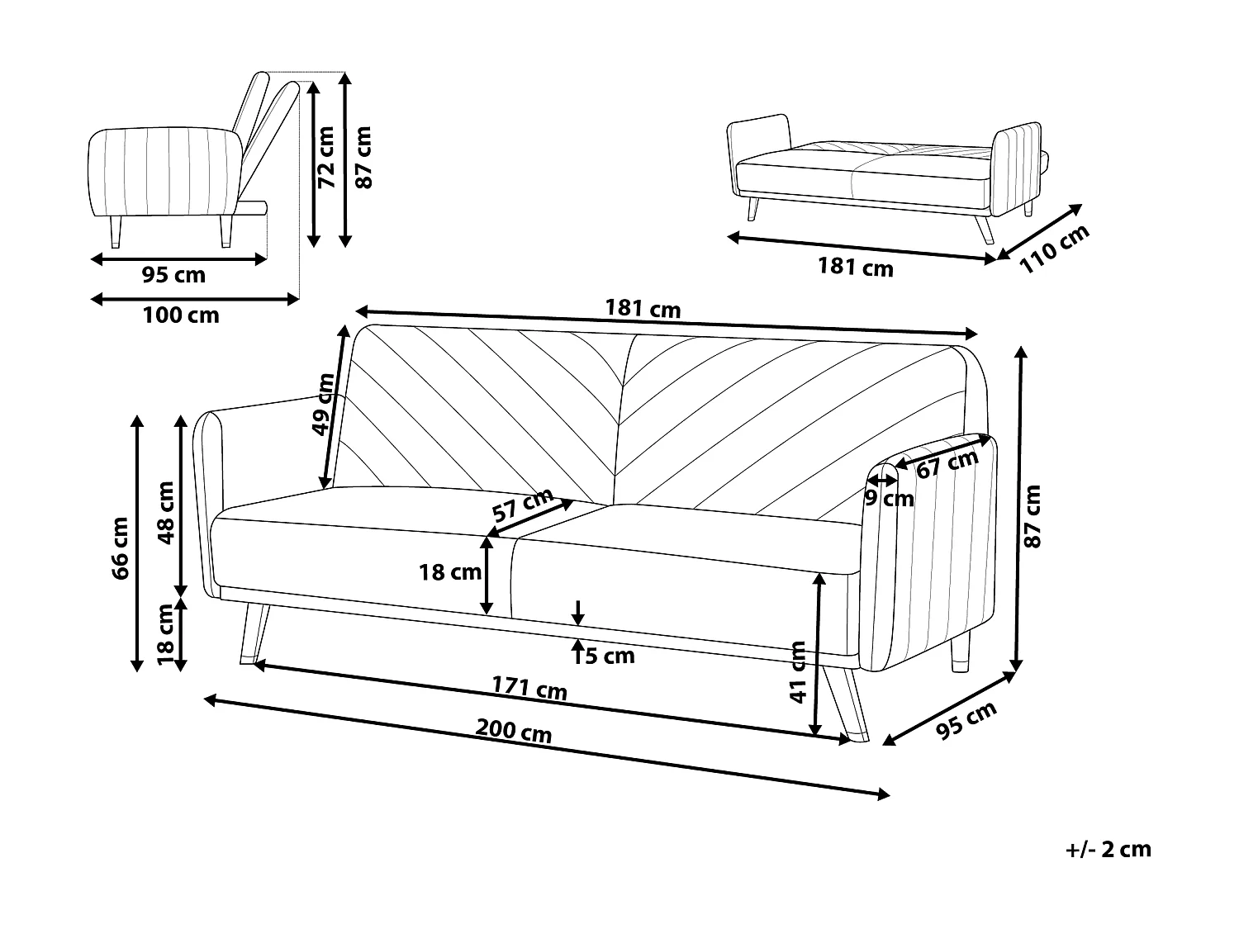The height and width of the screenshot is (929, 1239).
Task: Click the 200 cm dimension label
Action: pyautogui.click(x=514, y=731)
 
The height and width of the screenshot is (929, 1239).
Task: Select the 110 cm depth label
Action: pyautogui.click(x=1054, y=249)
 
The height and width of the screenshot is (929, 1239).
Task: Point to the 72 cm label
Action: pyautogui.click(x=327, y=157)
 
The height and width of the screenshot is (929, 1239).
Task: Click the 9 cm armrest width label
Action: pyautogui.click(x=890, y=499)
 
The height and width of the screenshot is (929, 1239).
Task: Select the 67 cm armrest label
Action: pyautogui.click(x=947, y=463)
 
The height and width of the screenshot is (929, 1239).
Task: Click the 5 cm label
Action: pyautogui.click(x=610, y=656)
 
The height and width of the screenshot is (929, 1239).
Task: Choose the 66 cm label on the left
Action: pyautogui.click(x=121, y=548)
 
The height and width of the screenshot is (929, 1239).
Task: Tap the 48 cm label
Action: pyautogui.click(x=166, y=513)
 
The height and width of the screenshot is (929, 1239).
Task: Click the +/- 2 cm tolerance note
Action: pyautogui.click(x=1108, y=849)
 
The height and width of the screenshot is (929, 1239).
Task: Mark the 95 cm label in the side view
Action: pyautogui.click(x=173, y=275)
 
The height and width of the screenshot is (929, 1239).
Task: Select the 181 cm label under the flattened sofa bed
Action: pyautogui.click(x=855, y=268)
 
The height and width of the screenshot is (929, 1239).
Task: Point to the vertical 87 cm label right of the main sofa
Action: pyautogui.click(x=1032, y=517)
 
